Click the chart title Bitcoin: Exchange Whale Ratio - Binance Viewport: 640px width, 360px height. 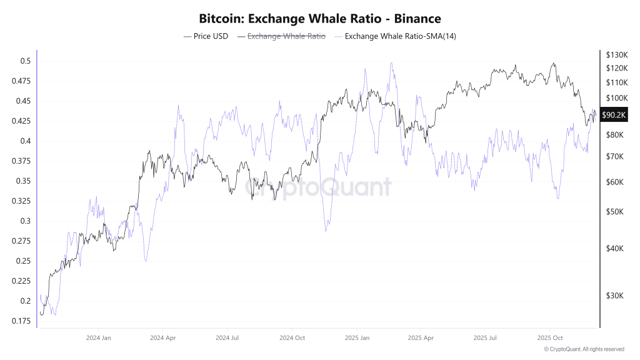(319, 19)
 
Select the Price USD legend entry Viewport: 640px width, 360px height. (206, 36)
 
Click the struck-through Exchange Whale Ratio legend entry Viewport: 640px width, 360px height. (281, 36)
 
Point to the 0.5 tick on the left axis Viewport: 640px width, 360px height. (25, 61)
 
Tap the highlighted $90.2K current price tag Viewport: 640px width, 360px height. (614, 115)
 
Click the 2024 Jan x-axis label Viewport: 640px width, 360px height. (99, 337)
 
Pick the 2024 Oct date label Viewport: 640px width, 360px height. (292, 337)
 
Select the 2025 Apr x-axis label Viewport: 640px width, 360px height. (421, 337)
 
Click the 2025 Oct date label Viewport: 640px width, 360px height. (549, 337)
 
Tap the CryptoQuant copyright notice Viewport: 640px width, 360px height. (584, 349)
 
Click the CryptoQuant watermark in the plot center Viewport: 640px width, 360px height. (318, 186)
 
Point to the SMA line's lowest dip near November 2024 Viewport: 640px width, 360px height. (326, 231)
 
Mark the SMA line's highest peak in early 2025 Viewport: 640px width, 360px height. (391, 62)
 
